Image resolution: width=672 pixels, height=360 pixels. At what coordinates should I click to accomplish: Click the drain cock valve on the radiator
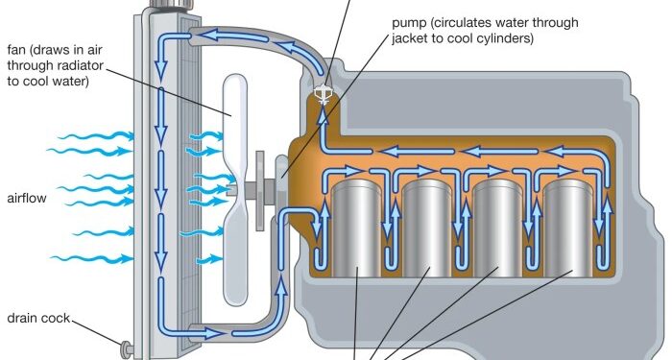click(x=126, y=347)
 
